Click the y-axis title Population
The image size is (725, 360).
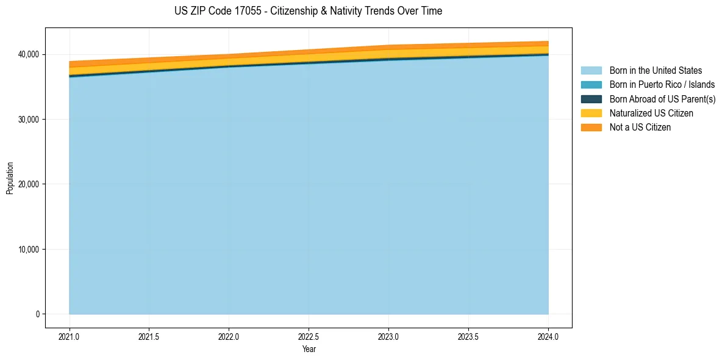point(10,178)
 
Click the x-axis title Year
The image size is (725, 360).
point(309,349)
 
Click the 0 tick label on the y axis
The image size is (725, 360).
point(37,314)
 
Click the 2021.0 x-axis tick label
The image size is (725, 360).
point(70,336)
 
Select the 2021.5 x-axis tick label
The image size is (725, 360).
point(149,336)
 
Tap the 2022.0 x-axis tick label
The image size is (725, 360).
point(229,336)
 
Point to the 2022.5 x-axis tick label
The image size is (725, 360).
point(309,336)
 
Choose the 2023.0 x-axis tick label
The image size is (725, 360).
point(388,336)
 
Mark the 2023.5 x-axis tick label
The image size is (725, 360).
point(468,336)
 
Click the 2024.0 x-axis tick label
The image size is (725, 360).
point(548,336)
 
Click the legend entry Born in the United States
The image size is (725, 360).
point(655,71)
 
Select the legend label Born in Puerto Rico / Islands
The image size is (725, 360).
point(662,85)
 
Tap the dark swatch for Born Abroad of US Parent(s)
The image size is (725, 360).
point(591,99)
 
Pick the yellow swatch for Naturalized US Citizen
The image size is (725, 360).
point(591,113)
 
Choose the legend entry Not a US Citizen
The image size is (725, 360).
point(640,128)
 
